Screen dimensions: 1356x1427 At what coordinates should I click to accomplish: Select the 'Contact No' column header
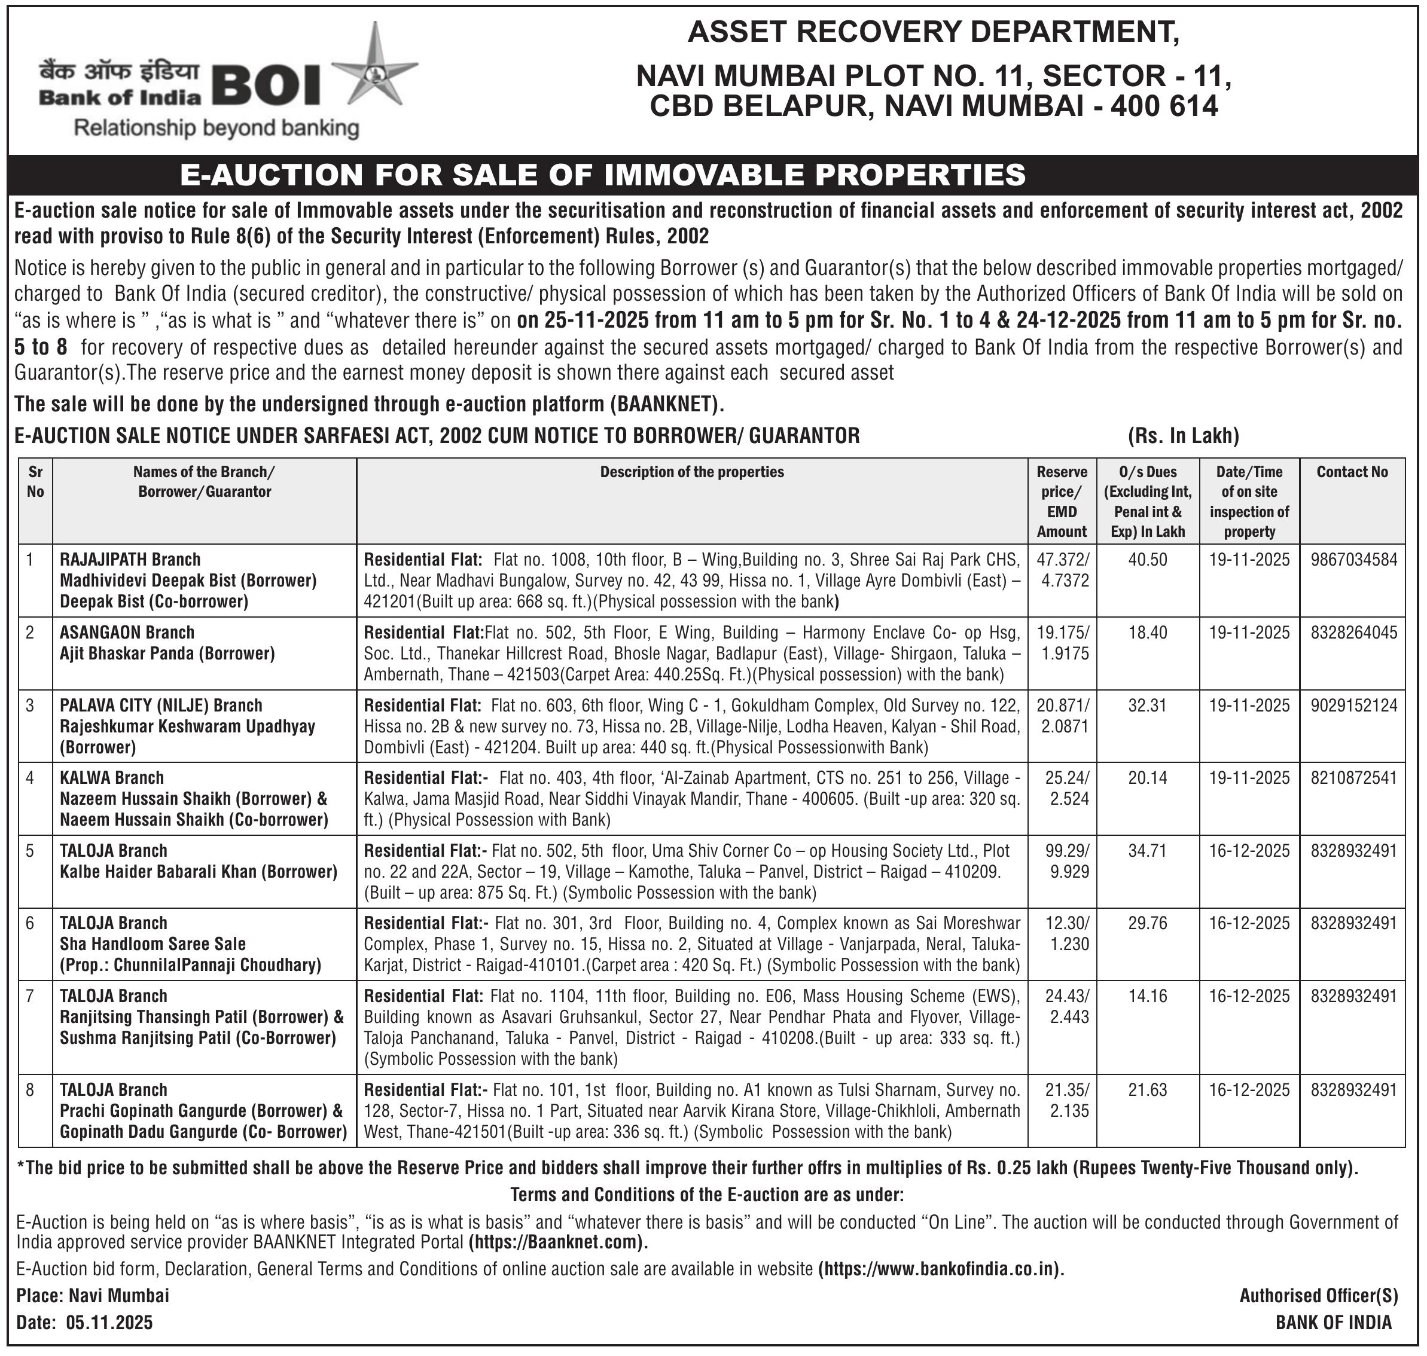click(1352, 472)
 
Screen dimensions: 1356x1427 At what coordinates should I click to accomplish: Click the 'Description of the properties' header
click(692, 472)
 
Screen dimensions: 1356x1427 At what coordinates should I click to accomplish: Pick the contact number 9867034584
click(1353, 560)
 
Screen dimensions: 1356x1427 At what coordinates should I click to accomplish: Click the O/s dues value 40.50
click(1147, 560)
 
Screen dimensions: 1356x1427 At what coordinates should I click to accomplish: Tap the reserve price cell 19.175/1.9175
click(1062, 643)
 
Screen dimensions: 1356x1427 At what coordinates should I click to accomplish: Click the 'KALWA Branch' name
click(112, 778)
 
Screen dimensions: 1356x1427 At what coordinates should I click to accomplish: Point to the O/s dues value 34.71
click(1147, 851)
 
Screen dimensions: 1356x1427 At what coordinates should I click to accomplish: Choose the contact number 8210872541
click(1353, 778)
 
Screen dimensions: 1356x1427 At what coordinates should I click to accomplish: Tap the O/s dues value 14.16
click(1147, 996)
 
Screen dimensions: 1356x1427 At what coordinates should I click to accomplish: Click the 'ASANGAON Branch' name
click(127, 633)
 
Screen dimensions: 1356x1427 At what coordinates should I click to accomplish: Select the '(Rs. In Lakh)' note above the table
click(1184, 436)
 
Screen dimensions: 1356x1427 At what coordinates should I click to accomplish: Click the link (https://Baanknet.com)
click(558, 1242)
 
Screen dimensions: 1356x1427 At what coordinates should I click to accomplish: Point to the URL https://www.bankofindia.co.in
click(941, 1269)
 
